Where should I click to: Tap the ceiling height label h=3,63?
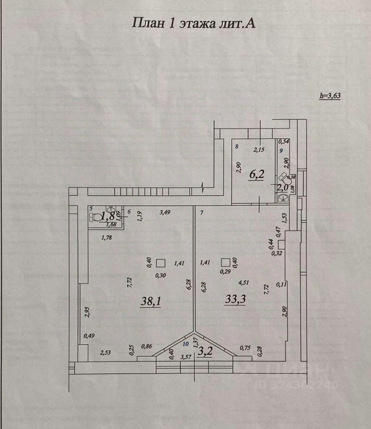point(330,95)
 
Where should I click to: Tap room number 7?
point(201,213)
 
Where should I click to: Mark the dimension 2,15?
point(259,150)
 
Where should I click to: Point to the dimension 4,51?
point(244,282)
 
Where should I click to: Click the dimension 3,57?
point(185,357)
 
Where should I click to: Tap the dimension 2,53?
point(105,353)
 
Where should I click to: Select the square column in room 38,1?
point(161,263)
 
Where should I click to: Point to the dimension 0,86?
point(146,346)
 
